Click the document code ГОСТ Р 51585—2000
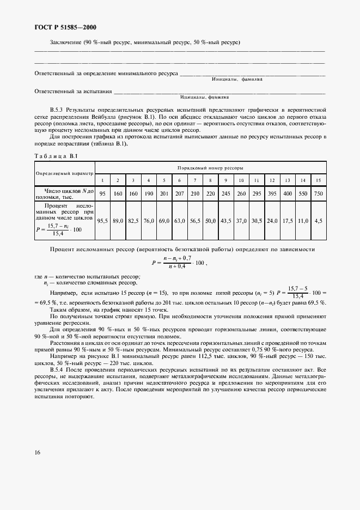click(64, 27)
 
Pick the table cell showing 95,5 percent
click(101, 221)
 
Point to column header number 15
click(319, 180)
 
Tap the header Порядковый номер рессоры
click(210, 167)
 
